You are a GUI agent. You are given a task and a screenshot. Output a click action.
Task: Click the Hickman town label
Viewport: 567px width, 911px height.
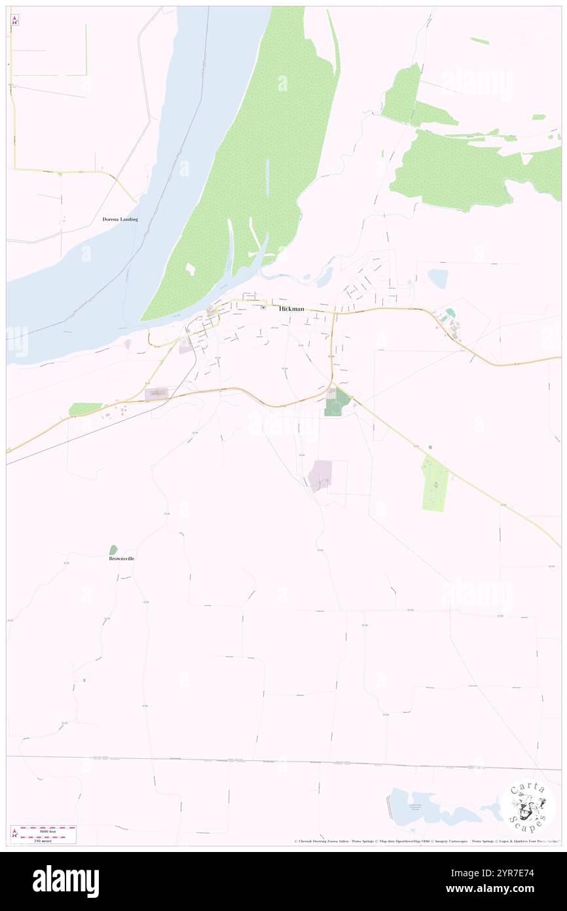pos(291,309)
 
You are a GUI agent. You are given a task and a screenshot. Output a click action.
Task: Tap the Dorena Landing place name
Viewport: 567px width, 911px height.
pos(120,219)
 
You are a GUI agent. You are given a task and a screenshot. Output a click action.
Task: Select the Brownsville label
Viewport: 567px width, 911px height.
pos(122,558)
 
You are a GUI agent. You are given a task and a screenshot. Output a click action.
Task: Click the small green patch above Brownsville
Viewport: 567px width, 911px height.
pos(113,550)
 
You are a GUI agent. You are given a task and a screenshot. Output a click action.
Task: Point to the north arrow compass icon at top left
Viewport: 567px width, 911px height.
pos(14,20)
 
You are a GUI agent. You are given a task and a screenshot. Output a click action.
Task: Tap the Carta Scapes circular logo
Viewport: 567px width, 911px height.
pos(528,807)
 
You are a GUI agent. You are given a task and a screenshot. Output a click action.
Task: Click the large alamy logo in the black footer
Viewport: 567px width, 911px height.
pos(65,882)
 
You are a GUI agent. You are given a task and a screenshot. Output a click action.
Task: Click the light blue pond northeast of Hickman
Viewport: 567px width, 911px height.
pos(437,279)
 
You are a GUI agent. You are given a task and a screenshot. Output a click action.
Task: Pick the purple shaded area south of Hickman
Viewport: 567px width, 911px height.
pos(320,475)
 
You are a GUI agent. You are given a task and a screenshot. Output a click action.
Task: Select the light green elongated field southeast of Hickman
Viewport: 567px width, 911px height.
pos(434,484)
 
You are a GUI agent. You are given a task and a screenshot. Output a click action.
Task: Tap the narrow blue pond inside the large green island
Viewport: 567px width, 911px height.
pos(267,177)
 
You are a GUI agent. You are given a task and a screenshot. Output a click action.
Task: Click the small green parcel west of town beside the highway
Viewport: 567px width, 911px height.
pos(85,409)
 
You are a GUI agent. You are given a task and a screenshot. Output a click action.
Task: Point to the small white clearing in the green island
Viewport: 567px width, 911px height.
pos(191,269)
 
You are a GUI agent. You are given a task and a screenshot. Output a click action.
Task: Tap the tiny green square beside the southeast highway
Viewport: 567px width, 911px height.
pos(430,447)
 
